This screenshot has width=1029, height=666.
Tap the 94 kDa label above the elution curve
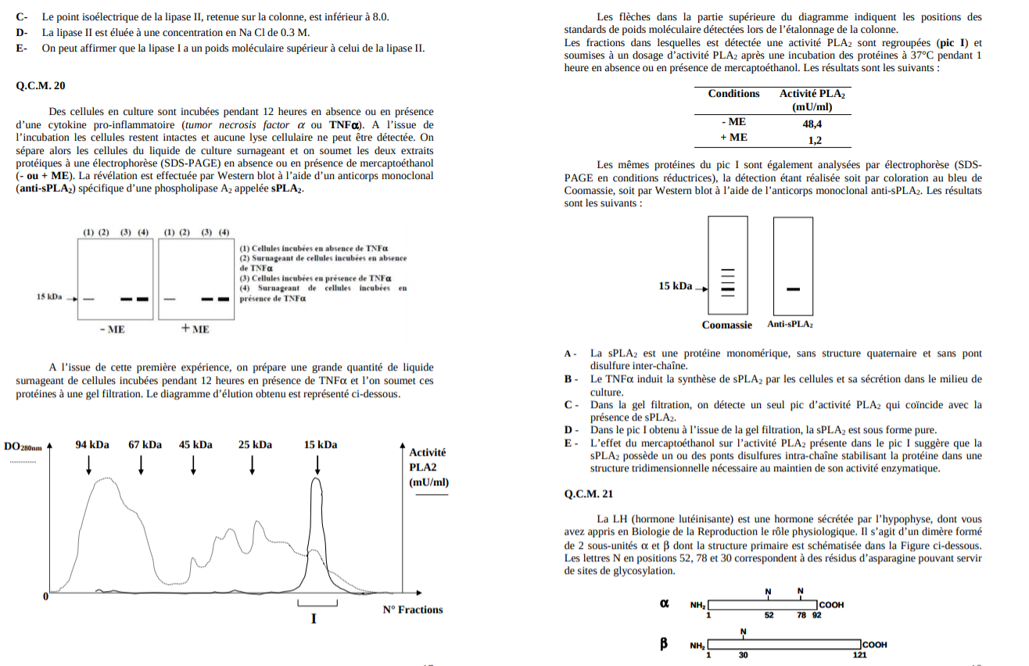[92, 445]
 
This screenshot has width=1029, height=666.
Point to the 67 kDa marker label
[145, 445]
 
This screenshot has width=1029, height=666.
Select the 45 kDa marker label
[195, 445]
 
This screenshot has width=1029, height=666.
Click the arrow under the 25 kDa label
[253, 464]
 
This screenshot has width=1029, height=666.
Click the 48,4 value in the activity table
[812, 124]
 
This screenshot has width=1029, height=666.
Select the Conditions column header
[733, 94]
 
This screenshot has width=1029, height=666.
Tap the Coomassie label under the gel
[727, 325]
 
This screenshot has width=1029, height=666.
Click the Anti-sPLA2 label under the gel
[790, 324]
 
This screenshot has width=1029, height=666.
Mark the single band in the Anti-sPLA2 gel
[793, 290]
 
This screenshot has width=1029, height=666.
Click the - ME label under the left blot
[113, 330]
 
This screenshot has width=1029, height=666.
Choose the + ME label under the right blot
[195, 330]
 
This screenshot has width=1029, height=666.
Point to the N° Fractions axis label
[412, 610]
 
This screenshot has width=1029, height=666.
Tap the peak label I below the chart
[314, 619]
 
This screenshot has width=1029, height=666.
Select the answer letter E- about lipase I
[22, 48]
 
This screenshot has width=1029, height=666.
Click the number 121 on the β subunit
[859, 655]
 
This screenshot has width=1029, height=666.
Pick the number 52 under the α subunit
[769, 615]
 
